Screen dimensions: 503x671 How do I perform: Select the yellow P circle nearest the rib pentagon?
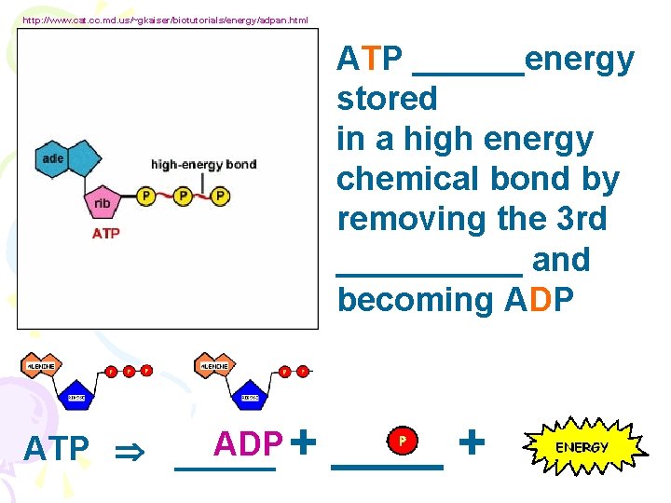(146, 196)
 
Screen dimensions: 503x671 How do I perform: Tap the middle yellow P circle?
(183, 196)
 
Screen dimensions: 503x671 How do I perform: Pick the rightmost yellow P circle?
(220, 196)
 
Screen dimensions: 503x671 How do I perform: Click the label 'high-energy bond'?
(203, 165)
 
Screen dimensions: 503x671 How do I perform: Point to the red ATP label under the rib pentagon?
(105, 234)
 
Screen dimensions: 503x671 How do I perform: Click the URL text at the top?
(164, 20)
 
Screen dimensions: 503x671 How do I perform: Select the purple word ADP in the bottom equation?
(249, 445)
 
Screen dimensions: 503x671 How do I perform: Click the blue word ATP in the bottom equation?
(56, 449)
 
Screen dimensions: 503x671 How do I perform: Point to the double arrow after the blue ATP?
(126, 450)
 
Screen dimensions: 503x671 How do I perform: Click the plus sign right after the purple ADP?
(303, 442)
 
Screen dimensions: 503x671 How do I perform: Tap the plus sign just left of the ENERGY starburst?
(473, 441)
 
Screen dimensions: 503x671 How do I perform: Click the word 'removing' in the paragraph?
(397, 220)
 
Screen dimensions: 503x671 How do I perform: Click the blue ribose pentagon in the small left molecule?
(77, 397)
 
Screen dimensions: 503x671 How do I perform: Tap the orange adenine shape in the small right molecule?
(217, 366)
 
